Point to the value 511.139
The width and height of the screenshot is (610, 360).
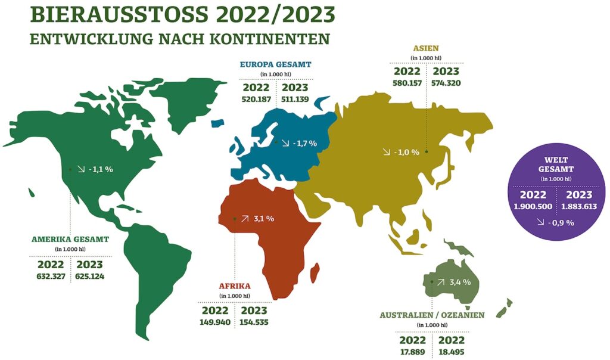coord(295,99)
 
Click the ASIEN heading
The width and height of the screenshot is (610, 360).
coord(427,48)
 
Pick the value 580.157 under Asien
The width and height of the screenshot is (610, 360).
coord(407,83)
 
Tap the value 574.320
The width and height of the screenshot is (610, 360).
coord(446,83)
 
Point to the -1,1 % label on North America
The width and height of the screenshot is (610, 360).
coord(100,169)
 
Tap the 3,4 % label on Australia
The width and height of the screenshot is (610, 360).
coord(460,282)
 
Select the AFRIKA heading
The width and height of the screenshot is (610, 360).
coord(235,286)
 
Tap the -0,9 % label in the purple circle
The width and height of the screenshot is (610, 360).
coord(559,223)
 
